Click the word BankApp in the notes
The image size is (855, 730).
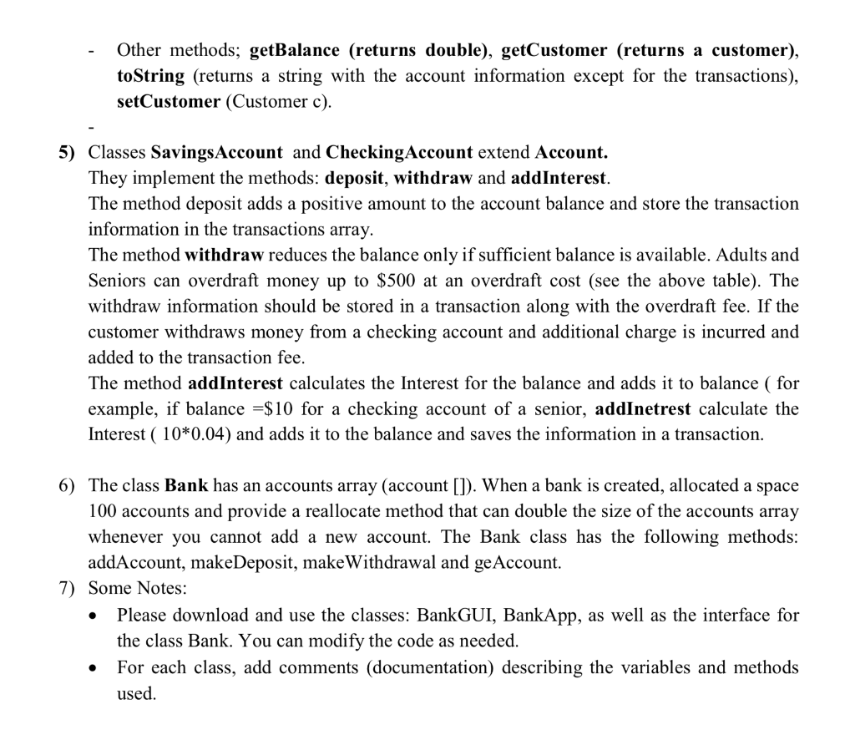click(x=548, y=616)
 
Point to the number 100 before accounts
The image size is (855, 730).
click(x=103, y=511)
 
